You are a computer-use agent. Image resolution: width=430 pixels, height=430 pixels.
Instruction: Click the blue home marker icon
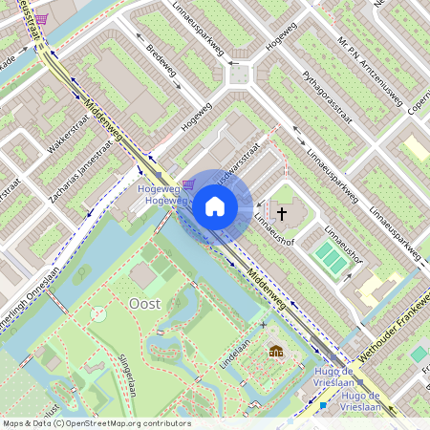[215, 206]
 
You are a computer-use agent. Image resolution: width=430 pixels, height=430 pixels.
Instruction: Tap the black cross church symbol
[281, 213]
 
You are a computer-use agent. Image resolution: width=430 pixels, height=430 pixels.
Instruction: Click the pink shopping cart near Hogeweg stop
[189, 184]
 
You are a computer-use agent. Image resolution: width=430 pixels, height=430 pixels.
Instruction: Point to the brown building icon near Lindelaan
[276, 351]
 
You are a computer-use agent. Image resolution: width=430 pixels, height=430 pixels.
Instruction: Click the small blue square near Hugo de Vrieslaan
[323, 405]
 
